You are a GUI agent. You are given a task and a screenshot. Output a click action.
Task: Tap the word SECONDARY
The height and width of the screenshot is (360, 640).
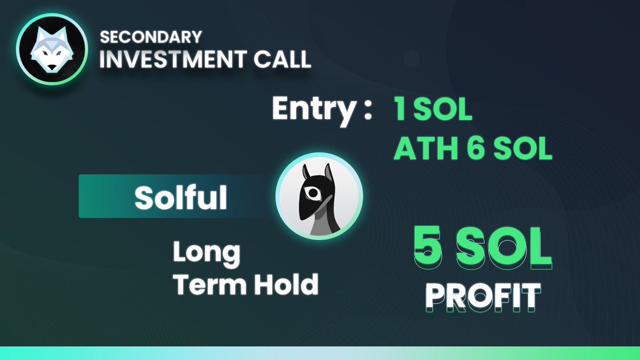151,37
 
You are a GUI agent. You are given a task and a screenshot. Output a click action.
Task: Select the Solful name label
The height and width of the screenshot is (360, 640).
180,197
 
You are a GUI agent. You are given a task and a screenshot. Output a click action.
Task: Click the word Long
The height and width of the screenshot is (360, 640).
206,252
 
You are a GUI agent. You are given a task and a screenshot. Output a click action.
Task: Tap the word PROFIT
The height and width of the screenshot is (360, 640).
483,297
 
